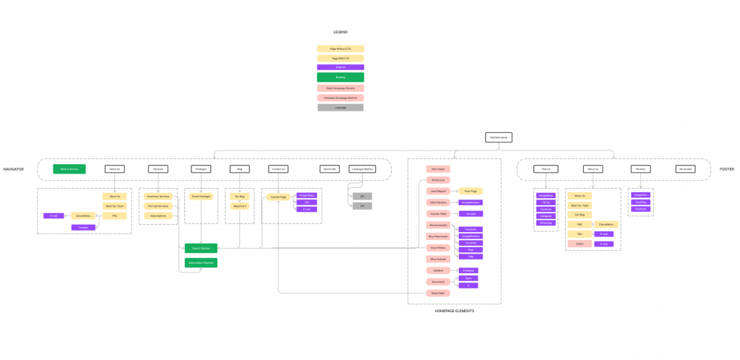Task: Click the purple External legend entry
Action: [x=340, y=67]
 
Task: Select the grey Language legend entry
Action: [x=340, y=108]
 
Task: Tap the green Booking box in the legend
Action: [x=340, y=77]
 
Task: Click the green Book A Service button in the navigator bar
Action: [x=69, y=169]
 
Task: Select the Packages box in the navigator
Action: [x=201, y=169]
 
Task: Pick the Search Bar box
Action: [x=330, y=169]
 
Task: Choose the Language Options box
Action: [x=362, y=169]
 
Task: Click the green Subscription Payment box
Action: [x=201, y=263]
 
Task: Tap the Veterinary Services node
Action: [x=158, y=197]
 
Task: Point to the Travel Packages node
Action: [x=201, y=197]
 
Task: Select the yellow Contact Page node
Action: [x=278, y=197]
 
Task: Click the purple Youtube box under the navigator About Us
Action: [x=83, y=228]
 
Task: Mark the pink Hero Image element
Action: [x=439, y=169]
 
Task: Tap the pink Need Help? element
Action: [x=439, y=293]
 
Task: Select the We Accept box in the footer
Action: [x=684, y=169]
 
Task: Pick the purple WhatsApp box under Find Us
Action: [x=546, y=223]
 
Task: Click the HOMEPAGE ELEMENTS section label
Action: [x=454, y=311]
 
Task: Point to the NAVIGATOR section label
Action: [x=14, y=169]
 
